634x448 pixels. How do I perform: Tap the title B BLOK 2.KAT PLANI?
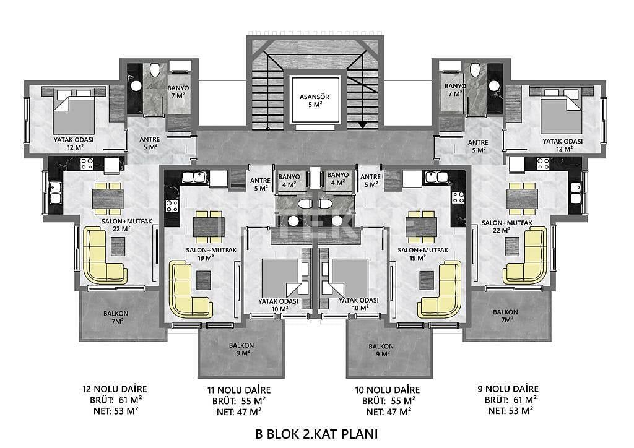316,433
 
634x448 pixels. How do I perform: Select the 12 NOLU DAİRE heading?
115,389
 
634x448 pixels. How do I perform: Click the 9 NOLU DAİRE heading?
508,389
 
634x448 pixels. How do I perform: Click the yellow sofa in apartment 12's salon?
103,254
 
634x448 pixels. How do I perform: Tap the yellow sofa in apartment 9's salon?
526,254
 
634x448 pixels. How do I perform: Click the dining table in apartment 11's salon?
208,226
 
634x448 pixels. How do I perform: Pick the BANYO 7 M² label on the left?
180,92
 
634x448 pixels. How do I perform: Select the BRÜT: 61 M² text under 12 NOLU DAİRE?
115,400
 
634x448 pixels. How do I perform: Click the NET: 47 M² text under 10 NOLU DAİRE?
393,411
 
